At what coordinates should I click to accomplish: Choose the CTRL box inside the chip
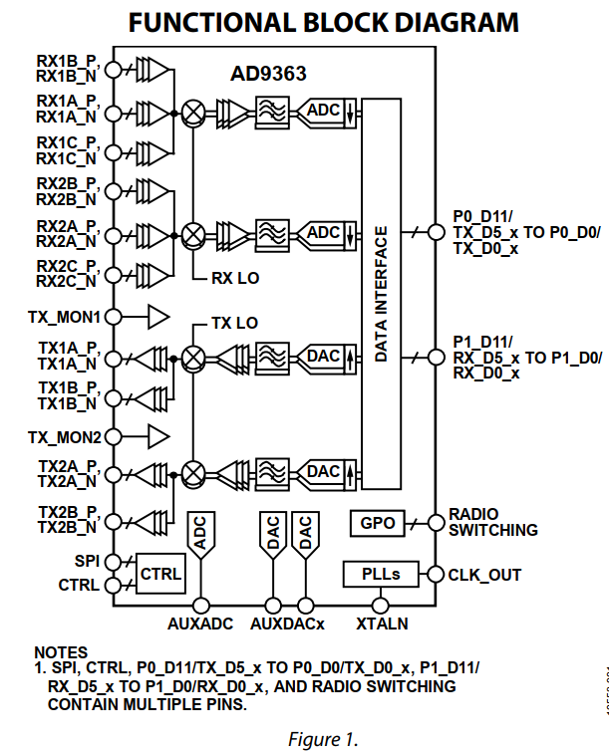tap(160, 574)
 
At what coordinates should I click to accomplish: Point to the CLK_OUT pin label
tap(484, 575)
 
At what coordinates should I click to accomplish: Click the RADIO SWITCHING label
tap(492, 522)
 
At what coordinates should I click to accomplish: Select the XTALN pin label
tap(382, 624)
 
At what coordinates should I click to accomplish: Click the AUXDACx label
tap(287, 624)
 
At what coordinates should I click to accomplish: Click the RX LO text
tap(235, 279)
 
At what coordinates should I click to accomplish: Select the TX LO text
tap(234, 324)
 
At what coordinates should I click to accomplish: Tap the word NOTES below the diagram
tap(61, 652)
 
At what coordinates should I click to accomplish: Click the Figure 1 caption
tap(322, 738)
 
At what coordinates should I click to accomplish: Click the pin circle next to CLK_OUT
tap(435, 575)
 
